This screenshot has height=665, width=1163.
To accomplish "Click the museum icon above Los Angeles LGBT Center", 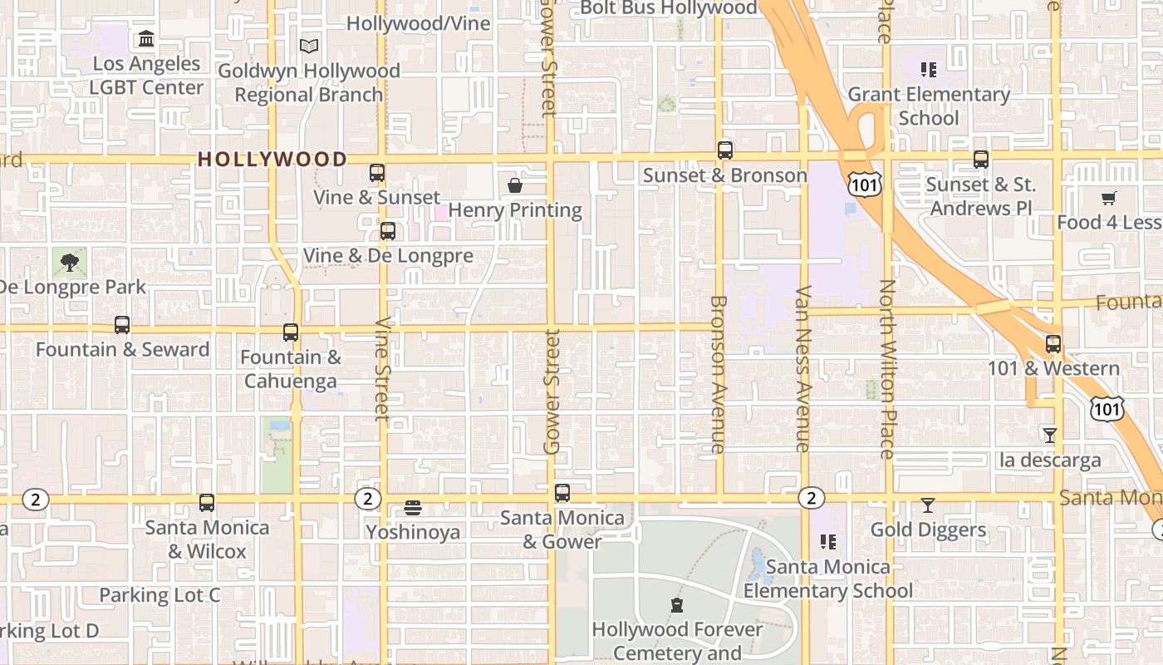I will tap(146, 38).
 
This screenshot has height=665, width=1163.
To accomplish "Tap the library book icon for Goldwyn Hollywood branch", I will tap(309, 46).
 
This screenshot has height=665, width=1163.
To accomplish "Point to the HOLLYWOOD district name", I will tap(272, 159).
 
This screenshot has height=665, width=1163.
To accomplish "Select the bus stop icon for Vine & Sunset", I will tap(377, 173).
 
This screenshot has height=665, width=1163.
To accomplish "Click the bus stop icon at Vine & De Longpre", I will tap(388, 231).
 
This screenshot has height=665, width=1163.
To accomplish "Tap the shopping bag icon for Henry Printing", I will tap(515, 185).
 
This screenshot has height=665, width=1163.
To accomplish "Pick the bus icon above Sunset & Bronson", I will tap(725, 150).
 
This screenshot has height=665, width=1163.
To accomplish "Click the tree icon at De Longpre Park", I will tap(69, 263).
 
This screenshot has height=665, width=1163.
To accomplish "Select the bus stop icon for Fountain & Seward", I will tap(122, 325).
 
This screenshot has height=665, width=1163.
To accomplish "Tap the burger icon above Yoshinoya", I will tap(413, 507).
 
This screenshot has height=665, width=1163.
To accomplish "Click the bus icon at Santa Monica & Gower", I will tap(562, 493).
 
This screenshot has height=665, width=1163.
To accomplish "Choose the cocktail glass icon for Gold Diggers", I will tap(928, 505).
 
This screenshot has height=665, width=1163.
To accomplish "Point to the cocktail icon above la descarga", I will tap(1050, 435).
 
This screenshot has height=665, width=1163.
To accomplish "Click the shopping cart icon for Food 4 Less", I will tap(1108, 198).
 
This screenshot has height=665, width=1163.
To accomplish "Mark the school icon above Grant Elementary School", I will tap(929, 69).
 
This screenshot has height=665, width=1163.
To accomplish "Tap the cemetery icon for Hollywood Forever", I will tap(677, 605).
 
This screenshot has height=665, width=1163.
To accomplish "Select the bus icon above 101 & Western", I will tap(1053, 343).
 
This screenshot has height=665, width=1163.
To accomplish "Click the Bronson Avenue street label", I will tap(719, 374).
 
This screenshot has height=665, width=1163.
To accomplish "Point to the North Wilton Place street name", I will tap(887, 369).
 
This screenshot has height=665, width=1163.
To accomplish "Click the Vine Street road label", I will tap(383, 369).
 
